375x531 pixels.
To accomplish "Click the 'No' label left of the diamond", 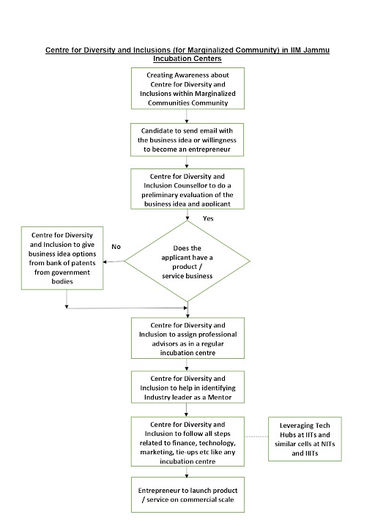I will [116, 247].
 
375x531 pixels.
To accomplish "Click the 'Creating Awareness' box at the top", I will [187, 88].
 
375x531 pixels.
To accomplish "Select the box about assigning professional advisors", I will [187, 339].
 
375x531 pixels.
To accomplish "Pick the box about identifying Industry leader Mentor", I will [187, 387].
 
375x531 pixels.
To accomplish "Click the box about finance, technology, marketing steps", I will [187, 442].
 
